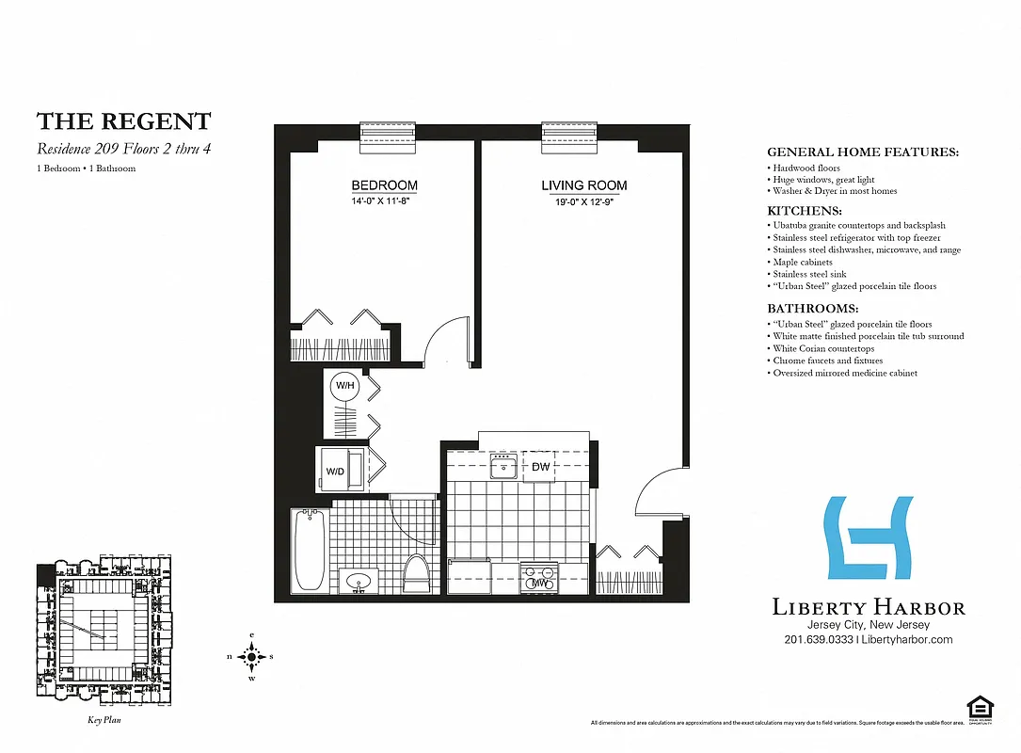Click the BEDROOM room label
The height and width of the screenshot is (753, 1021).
(384, 186)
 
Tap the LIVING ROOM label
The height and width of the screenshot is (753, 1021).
(583, 186)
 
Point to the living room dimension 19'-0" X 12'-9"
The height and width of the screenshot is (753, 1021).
(583, 200)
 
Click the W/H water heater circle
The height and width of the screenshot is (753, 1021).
(343, 385)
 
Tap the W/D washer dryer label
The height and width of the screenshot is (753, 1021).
(335, 471)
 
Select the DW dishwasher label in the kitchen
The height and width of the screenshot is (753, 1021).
(540, 467)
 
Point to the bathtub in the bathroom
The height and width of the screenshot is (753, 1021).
(310, 551)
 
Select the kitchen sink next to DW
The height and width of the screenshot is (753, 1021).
(505, 466)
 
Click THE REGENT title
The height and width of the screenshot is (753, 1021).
(123, 121)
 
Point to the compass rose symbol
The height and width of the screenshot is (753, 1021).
(251, 656)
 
